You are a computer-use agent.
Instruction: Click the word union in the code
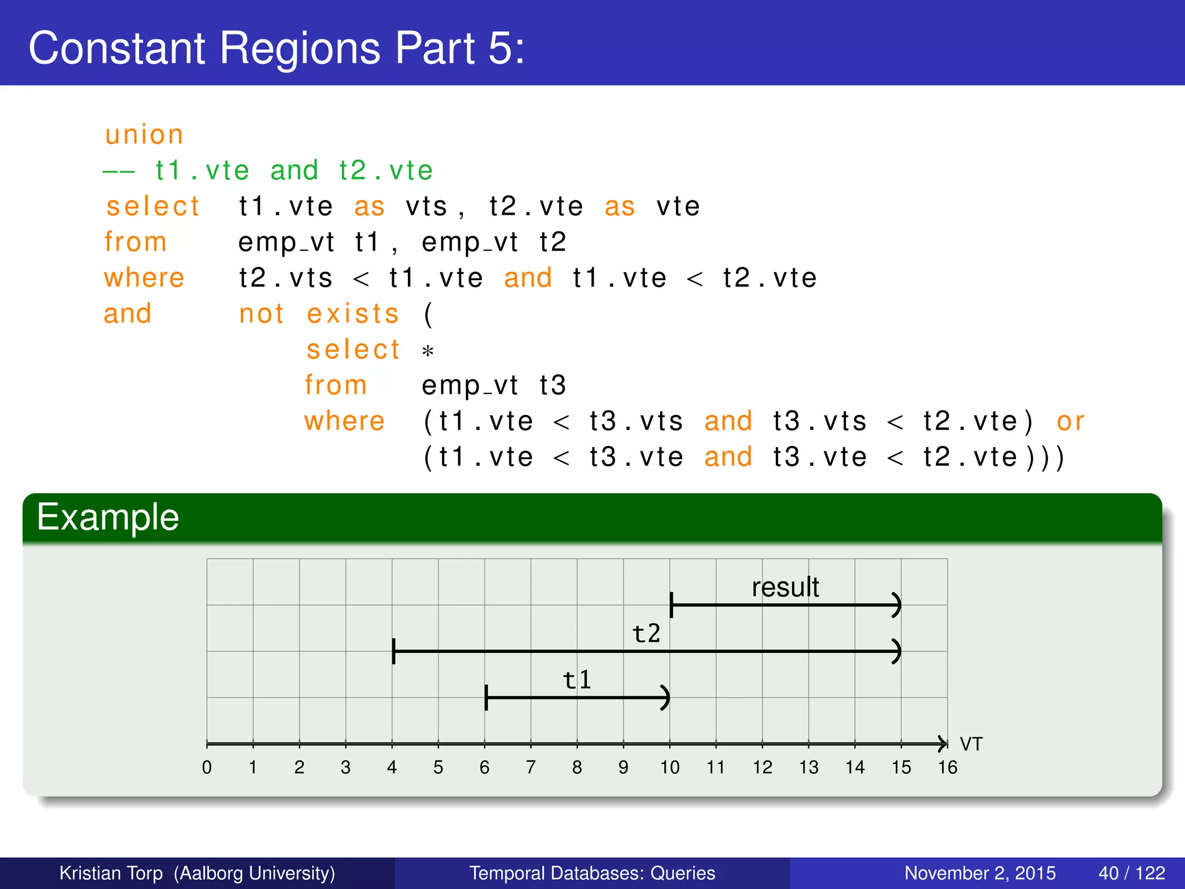coord(144,135)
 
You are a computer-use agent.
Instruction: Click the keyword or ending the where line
coord(1070,421)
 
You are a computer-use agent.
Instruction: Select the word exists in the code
coord(353,314)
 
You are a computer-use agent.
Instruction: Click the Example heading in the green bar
coord(108,517)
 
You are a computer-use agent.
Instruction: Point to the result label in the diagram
coord(785,587)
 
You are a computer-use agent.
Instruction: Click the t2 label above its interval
coord(646,634)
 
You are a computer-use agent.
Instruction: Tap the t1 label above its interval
coord(577,679)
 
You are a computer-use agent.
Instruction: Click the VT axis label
coord(971,744)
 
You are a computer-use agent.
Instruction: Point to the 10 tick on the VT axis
coord(670,767)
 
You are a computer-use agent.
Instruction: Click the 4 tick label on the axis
coord(392,767)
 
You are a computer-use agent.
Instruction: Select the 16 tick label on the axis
coord(947,767)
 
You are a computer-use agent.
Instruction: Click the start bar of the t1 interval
coord(486,697)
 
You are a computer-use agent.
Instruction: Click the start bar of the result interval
coord(671,605)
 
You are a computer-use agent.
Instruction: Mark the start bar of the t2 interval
coord(393,652)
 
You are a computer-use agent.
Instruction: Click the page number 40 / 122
coord(1131,873)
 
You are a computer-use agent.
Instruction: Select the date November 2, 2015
coord(980,873)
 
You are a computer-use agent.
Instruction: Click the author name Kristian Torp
coord(111,873)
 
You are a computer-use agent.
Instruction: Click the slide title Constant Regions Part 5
coord(277,48)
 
